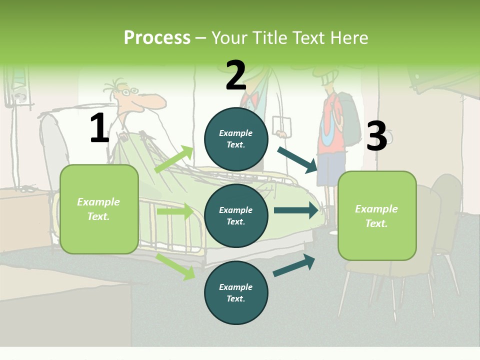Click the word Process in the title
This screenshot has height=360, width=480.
[x=157, y=38]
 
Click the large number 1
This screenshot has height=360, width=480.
[x=99, y=128]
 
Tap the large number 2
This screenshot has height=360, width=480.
[x=235, y=75]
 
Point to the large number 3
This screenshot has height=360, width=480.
[x=376, y=136]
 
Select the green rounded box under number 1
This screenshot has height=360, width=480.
[x=99, y=209]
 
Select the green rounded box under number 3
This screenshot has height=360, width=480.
[x=377, y=215]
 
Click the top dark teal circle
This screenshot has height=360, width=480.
[x=236, y=139]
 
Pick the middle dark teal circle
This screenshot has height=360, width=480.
[x=236, y=215]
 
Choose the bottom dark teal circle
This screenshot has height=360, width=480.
[x=236, y=292]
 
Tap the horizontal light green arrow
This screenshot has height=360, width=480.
[x=175, y=211]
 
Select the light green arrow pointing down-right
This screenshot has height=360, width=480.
[x=175, y=267]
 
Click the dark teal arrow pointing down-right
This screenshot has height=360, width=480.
[x=297, y=160]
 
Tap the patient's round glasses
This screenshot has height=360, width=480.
[x=129, y=92]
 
